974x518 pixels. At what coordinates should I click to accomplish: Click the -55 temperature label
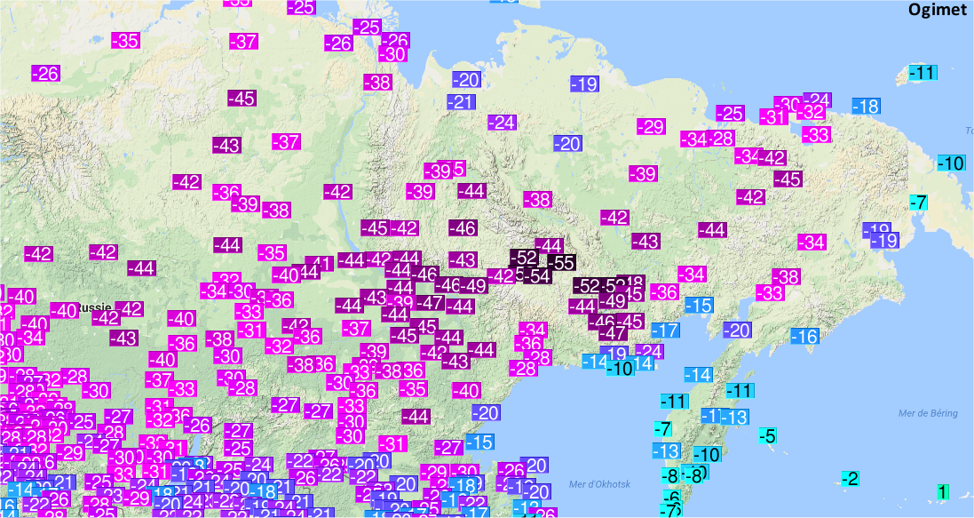561,263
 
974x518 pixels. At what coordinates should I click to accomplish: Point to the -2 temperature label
851,479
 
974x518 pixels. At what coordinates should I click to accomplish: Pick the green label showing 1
943,491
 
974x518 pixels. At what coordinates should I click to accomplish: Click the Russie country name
93,307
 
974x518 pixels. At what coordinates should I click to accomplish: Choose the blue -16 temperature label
805,337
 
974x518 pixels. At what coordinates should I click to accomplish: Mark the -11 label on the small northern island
925,73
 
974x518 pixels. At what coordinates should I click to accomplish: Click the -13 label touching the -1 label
735,417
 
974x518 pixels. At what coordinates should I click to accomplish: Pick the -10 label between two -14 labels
620,368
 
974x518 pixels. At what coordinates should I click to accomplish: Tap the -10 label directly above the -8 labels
707,454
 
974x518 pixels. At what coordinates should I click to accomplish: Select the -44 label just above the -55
550,245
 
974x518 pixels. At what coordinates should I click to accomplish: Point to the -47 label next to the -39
432,303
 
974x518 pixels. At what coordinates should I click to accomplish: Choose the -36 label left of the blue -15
664,291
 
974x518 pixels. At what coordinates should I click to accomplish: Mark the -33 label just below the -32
816,134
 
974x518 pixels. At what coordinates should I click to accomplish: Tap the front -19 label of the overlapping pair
884,240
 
